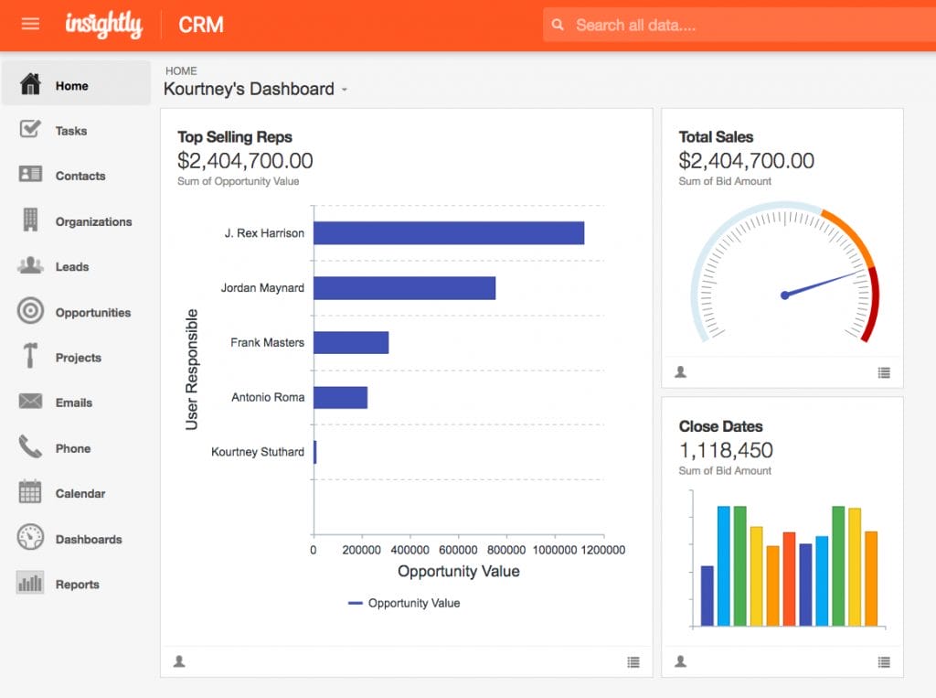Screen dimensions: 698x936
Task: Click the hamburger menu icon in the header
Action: point(30,25)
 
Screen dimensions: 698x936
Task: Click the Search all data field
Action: point(731,26)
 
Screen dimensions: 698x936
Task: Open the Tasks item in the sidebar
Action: point(70,131)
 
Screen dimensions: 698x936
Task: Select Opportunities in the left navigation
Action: point(92,313)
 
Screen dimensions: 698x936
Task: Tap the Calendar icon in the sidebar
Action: point(30,492)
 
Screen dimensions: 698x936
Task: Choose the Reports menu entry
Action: point(77,585)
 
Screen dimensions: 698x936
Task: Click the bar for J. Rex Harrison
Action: point(448,233)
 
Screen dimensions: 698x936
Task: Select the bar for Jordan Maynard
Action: point(404,288)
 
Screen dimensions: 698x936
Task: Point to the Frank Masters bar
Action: point(351,343)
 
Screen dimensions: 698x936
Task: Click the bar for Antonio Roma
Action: point(340,397)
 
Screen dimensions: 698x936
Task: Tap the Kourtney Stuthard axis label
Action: point(257,452)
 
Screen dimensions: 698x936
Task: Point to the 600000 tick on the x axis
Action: point(458,550)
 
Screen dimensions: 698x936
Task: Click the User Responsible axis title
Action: point(192,370)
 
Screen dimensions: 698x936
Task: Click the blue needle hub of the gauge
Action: point(784,295)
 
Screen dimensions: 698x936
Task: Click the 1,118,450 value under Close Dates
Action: point(726,450)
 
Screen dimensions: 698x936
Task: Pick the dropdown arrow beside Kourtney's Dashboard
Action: point(345,90)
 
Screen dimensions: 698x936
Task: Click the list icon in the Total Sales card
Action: point(883,372)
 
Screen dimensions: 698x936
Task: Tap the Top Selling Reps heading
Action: point(235,137)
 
